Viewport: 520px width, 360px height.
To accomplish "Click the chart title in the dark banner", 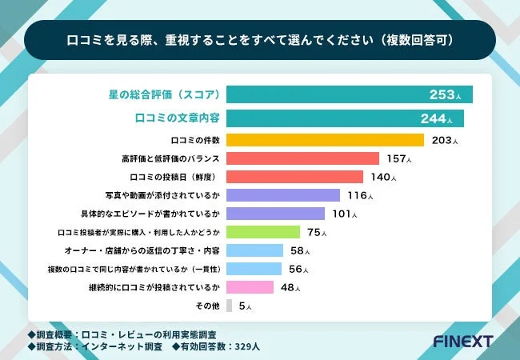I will coord(259,38).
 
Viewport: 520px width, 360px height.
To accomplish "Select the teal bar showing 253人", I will coord(349,94).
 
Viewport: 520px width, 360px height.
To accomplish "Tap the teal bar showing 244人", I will coord(345,118).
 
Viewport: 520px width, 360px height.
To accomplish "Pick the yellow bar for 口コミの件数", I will coord(325,140).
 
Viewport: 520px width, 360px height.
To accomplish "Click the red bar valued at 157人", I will coord(302,158).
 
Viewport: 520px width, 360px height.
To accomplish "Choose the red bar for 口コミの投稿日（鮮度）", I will coord(294,177).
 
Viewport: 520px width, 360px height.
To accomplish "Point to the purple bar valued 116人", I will coord(284,195).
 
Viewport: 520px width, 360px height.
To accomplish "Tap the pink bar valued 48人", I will coord(250,286).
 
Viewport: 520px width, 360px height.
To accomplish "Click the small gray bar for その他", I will coord(230,305).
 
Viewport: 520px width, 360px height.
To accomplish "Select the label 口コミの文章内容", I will coord(175,118).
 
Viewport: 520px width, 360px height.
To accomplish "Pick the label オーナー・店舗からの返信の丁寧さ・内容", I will coord(142,250).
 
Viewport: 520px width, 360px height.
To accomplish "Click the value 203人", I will coord(444,140).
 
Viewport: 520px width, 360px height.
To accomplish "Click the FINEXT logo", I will coord(462,341).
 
